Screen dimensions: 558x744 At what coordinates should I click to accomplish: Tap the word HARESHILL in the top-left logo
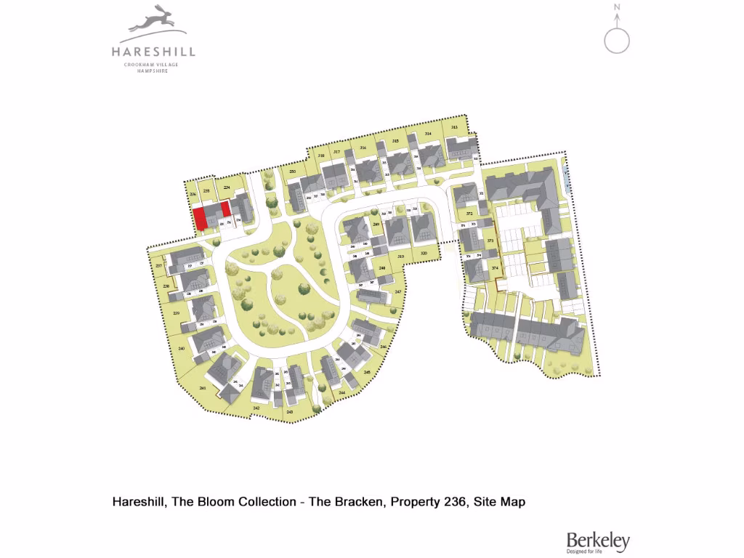(153, 52)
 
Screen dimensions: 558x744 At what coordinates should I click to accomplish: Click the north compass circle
(618, 40)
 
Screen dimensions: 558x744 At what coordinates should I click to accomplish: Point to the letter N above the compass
(617, 8)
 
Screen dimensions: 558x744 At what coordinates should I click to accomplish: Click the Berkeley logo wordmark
(598, 540)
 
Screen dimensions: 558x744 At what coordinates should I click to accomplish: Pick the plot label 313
(454, 127)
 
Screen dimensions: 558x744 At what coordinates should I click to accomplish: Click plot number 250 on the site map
(292, 171)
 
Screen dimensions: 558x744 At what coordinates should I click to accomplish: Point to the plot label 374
(495, 268)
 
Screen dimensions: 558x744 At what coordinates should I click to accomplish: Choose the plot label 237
(159, 265)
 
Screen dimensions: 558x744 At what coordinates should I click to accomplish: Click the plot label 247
(397, 291)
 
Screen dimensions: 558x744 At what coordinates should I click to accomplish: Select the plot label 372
(470, 214)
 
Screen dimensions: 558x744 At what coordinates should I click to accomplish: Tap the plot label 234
(227, 188)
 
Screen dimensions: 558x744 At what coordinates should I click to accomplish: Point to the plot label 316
(363, 147)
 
